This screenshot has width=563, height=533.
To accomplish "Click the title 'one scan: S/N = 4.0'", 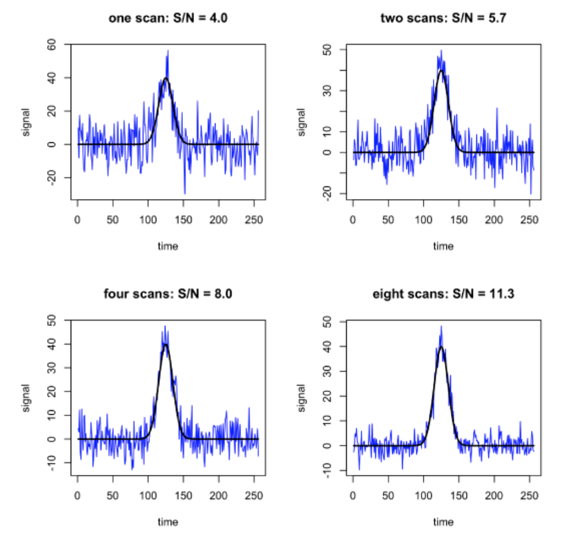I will coord(167,18).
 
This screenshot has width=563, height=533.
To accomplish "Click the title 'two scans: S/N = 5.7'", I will coord(443,18).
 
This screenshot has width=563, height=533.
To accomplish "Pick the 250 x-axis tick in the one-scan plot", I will coord(254,218).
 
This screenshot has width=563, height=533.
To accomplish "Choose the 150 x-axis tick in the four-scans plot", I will coord(183,495).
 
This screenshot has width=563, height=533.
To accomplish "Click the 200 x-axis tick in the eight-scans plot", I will coord(494,495).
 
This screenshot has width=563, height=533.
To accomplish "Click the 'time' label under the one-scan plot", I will coord(167,246).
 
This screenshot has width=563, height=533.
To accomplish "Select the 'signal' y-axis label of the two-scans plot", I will coord(302,122).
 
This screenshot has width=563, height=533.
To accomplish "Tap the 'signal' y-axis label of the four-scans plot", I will coord(27,397).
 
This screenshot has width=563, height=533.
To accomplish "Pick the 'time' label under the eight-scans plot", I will coord(443,522).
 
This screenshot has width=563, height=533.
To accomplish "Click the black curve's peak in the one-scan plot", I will coord(165,78).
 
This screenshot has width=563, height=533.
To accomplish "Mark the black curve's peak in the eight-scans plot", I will coord(441,347).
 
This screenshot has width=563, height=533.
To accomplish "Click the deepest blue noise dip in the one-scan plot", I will coord(185,194).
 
